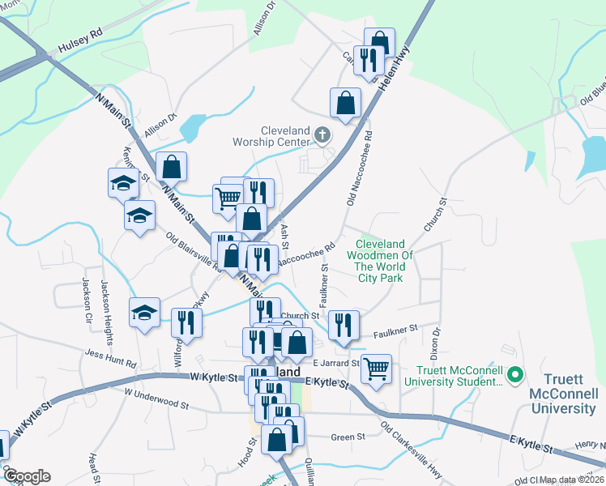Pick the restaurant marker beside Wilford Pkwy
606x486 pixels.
point(187,322)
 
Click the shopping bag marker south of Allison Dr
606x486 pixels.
point(172,166)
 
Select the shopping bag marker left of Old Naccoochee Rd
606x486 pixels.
point(345,102)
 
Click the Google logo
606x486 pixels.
point(27,476)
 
